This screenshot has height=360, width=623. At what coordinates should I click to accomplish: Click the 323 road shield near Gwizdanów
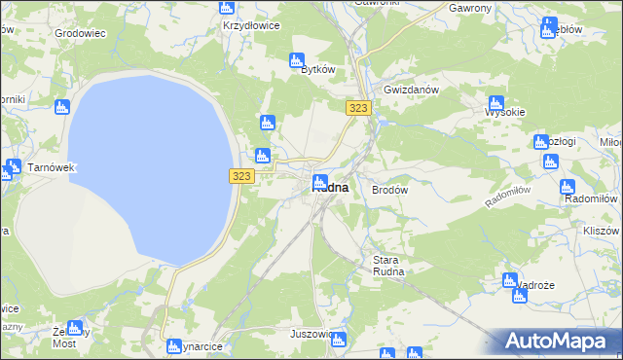coord(357,109)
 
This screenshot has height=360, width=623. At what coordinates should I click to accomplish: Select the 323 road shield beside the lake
coord(242,176)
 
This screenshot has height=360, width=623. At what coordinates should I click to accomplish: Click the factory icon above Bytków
coord(297,60)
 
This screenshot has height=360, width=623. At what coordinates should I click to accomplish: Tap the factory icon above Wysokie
coord(495,102)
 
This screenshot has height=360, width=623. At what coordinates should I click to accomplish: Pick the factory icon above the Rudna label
coord(319,180)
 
